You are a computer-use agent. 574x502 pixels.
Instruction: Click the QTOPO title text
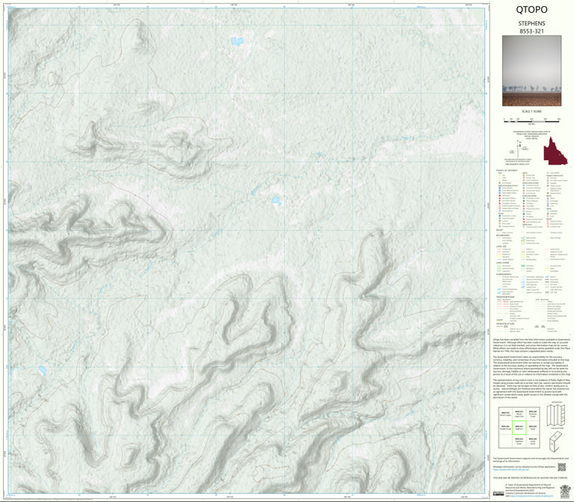(x=531, y=10)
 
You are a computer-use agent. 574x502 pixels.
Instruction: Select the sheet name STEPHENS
(x=531, y=24)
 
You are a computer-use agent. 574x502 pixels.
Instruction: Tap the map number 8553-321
(x=531, y=32)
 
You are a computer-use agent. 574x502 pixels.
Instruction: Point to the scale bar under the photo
(x=531, y=118)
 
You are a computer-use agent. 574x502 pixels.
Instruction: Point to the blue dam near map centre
(x=276, y=200)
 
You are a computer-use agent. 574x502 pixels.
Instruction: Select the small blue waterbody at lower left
(x=42, y=369)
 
